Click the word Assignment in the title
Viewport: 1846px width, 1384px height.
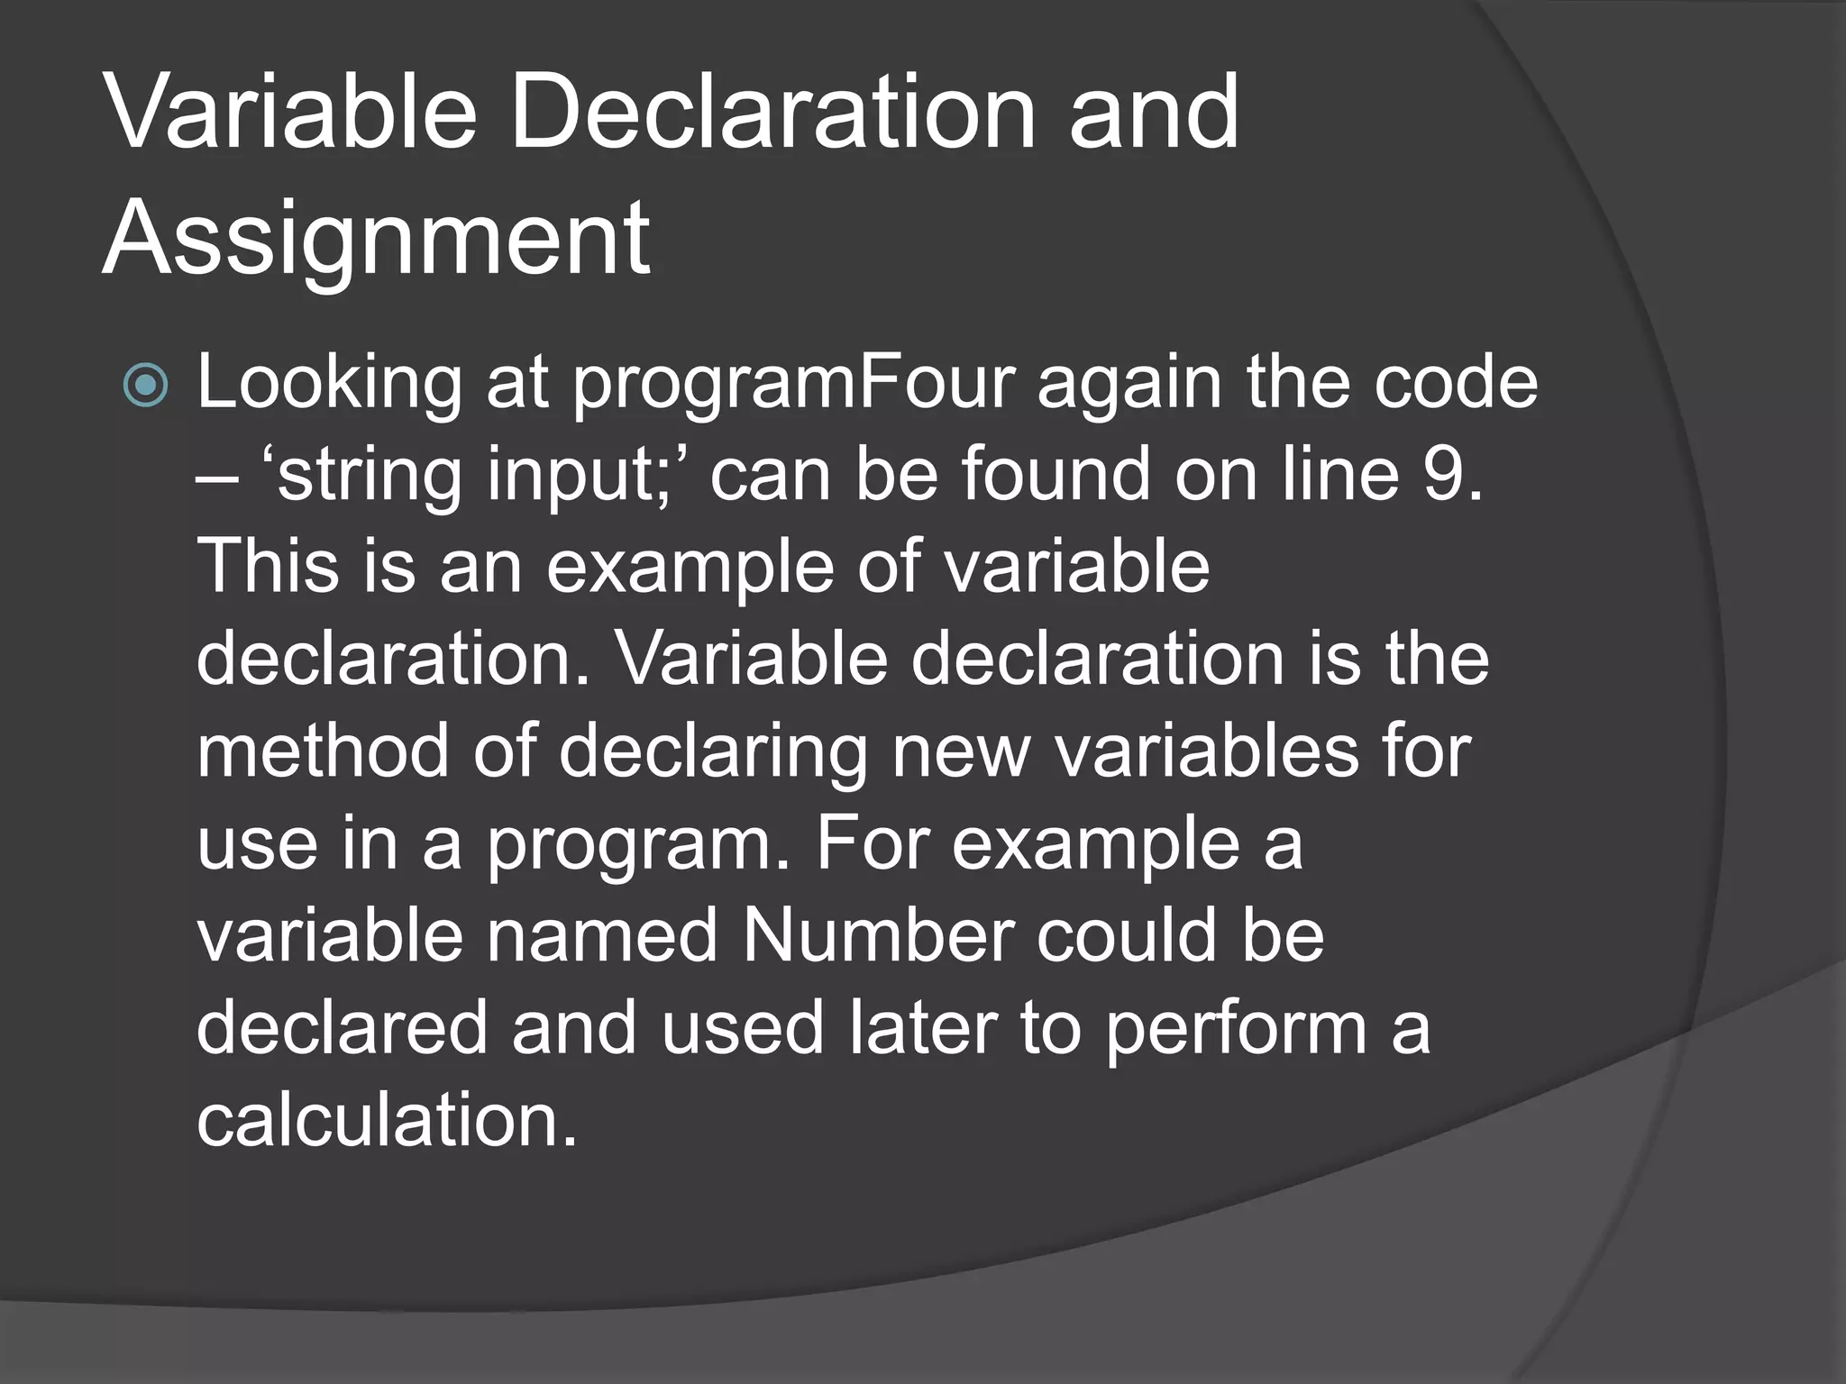tap(376, 239)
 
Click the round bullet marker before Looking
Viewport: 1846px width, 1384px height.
tap(145, 385)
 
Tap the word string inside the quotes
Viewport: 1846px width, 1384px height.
tap(370, 475)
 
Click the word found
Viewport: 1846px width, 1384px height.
tap(1055, 475)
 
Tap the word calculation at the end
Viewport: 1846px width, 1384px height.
tap(386, 1120)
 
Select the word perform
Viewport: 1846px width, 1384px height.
tap(1236, 1028)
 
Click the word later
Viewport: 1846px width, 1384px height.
tap(923, 1028)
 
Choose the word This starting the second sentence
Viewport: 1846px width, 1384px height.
tap(268, 567)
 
